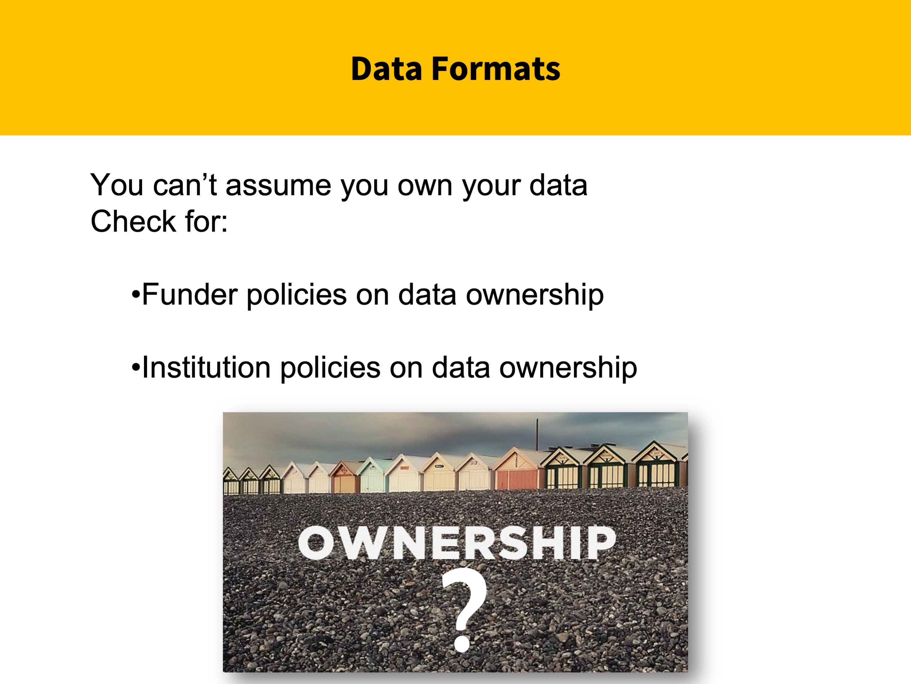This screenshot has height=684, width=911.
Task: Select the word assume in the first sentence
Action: (279, 185)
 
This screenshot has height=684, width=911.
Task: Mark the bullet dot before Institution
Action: (135, 368)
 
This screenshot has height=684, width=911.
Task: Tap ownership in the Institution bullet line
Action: (568, 368)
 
